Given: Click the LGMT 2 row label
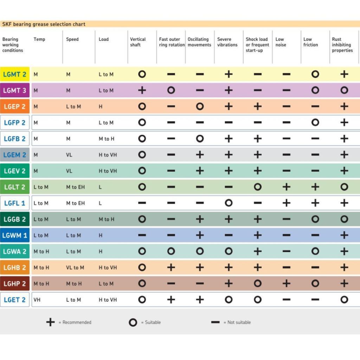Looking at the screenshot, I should pyautogui.click(x=15, y=74).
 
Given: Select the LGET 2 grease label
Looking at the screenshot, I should pyautogui.click(x=15, y=300).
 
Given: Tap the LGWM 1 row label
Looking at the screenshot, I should pyautogui.click(x=15, y=235).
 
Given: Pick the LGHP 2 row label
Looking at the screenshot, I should pyautogui.click(x=15, y=284).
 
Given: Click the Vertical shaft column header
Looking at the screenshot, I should pyautogui.click(x=138, y=42).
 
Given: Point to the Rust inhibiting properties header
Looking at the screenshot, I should pyautogui.click(x=342, y=45).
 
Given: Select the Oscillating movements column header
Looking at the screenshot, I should pyautogui.click(x=199, y=42).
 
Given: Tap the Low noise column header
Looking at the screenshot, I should pyautogui.click(x=281, y=42).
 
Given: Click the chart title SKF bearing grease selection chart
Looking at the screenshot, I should pyautogui.click(x=44, y=24).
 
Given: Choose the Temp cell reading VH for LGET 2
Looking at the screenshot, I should pyautogui.click(x=37, y=300).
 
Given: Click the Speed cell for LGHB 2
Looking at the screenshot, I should pyautogui.click(x=75, y=268).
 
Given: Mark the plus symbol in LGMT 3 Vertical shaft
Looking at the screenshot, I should pyautogui.click(x=142, y=90).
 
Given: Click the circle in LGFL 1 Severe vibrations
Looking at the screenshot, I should pyautogui.click(x=229, y=203).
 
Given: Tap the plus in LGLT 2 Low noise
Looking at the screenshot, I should pyautogui.click(x=287, y=187).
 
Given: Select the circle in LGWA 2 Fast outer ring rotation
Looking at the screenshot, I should pyautogui.click(x=171, y=251).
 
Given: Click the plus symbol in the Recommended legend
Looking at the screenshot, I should pyautogui.click(x=51, y=322).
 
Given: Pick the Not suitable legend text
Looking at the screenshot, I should pyautogui.click(x=239, y=322).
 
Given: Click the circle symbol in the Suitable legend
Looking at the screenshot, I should pyautogui.click(x=133, y=322).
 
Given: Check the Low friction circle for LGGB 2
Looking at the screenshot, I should pyautogui.click(x=315, y=219).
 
